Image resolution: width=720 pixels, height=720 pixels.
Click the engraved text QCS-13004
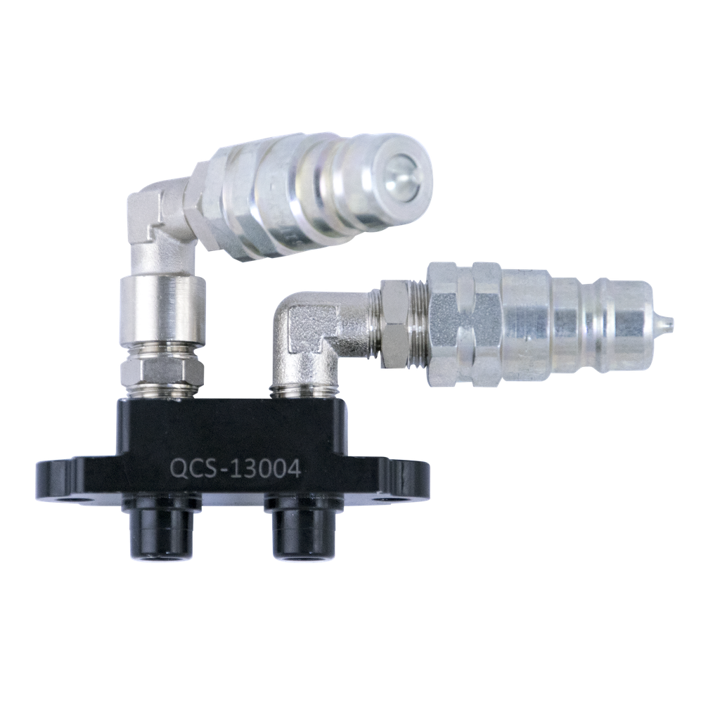[236, 468]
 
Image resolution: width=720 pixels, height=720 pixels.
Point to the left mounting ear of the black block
[60, 480]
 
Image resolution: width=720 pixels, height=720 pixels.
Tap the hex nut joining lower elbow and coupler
[396, 323]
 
